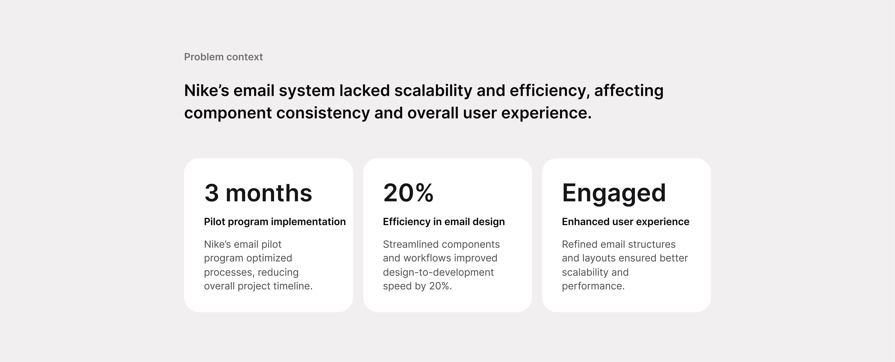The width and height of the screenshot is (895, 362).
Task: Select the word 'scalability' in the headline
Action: (x=433, y=90)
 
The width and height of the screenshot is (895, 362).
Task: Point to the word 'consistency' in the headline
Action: (x=323, y=113)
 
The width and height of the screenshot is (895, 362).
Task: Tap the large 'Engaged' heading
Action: (x=614, y=194)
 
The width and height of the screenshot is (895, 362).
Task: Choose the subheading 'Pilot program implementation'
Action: (x=275, y=222)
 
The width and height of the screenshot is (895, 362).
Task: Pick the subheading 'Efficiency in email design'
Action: (x=444, y=222)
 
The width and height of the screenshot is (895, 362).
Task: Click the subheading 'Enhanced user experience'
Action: (x=625, y=222)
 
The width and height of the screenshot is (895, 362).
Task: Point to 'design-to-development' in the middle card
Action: (x=438, y=272)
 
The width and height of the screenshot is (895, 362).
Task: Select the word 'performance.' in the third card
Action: (x=593, y=286)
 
